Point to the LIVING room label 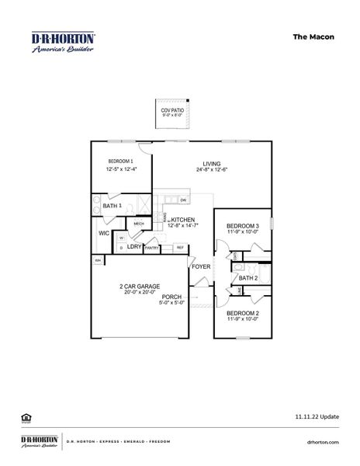212,163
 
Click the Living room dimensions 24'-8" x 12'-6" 212,170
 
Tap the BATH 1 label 112,206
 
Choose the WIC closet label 103,232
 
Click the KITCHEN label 183,220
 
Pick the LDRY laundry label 134,248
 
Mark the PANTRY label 152,249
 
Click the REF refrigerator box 180,249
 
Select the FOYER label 201,266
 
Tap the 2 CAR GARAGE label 140,286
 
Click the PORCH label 172,297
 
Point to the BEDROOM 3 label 243,225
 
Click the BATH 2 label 247,277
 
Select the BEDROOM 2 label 243,313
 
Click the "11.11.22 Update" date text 317,417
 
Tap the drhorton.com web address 324,442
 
